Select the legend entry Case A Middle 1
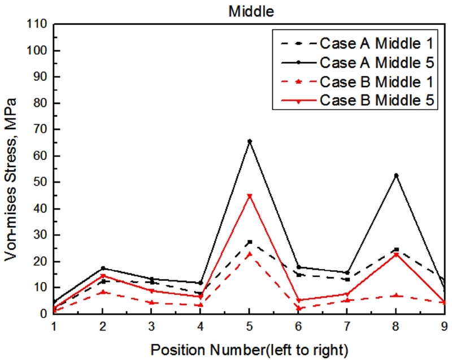pos(376,43)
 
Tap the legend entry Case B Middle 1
pos(376,81)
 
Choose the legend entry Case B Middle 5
pos(376,100)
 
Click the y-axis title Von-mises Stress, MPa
pos(11,179)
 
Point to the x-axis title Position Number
pos(249,350)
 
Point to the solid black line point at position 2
pos(102,268)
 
